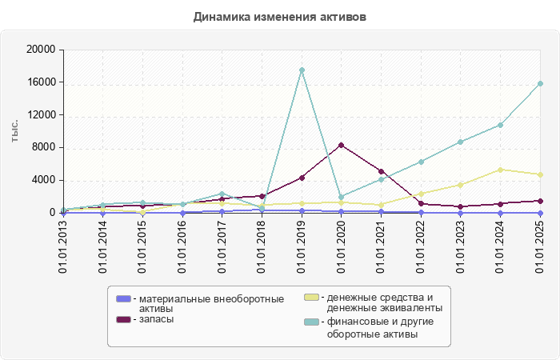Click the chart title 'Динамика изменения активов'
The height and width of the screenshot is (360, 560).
(280, 16)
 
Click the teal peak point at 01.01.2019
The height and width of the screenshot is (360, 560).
(302, 70)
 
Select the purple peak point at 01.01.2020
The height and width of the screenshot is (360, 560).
(342, 145)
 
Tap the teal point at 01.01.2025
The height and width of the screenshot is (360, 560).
(541, 83)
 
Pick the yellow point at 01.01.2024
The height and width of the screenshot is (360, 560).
(501, 170)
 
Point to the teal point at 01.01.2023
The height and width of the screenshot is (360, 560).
(461, 142)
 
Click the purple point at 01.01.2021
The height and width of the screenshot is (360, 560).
(382, 171)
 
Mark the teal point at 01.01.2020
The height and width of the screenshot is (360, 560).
(342, 197)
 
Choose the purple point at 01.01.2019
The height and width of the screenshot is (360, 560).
(302, 178)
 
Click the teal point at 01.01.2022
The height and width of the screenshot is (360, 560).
(421, 162)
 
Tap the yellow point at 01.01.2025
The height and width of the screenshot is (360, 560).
(541, 174)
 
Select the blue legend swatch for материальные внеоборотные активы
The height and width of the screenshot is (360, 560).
(123, 299)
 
